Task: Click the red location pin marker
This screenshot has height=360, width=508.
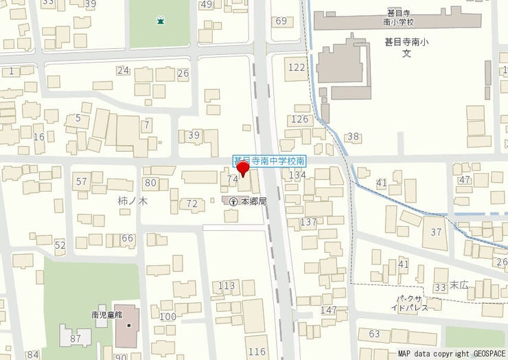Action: (242, 170)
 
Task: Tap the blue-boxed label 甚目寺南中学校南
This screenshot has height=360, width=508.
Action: (269, 160)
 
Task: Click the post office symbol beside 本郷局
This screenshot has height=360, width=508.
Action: (233, 201)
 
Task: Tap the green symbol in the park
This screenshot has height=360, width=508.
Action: (160, 21)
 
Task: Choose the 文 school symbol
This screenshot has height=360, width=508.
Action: (406, 54)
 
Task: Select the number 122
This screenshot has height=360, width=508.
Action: (297, 67)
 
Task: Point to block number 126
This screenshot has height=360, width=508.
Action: (300, 120)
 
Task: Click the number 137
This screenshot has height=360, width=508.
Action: (308, 222)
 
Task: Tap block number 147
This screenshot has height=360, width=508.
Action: (329, 311)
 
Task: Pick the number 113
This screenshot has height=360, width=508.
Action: (226, 285)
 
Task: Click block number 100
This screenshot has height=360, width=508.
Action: (168, 316)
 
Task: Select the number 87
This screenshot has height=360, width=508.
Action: (76, 338)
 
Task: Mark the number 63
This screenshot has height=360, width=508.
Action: (374, 334)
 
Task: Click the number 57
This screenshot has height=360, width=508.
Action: (82, 181)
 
